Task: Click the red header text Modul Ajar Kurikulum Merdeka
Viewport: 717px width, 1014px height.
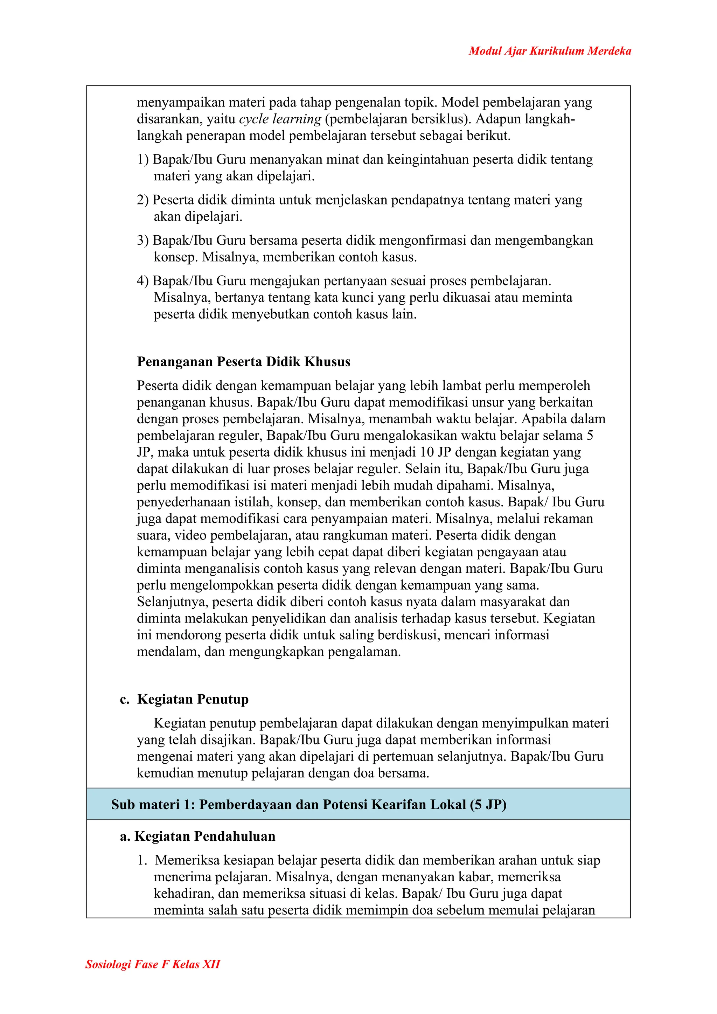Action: point(550,51)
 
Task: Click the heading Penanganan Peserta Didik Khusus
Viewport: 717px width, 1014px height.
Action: point(243,362)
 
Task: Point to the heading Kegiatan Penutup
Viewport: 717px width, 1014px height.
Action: point(193,699)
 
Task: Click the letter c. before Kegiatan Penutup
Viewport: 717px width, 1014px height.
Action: point(125,700)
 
